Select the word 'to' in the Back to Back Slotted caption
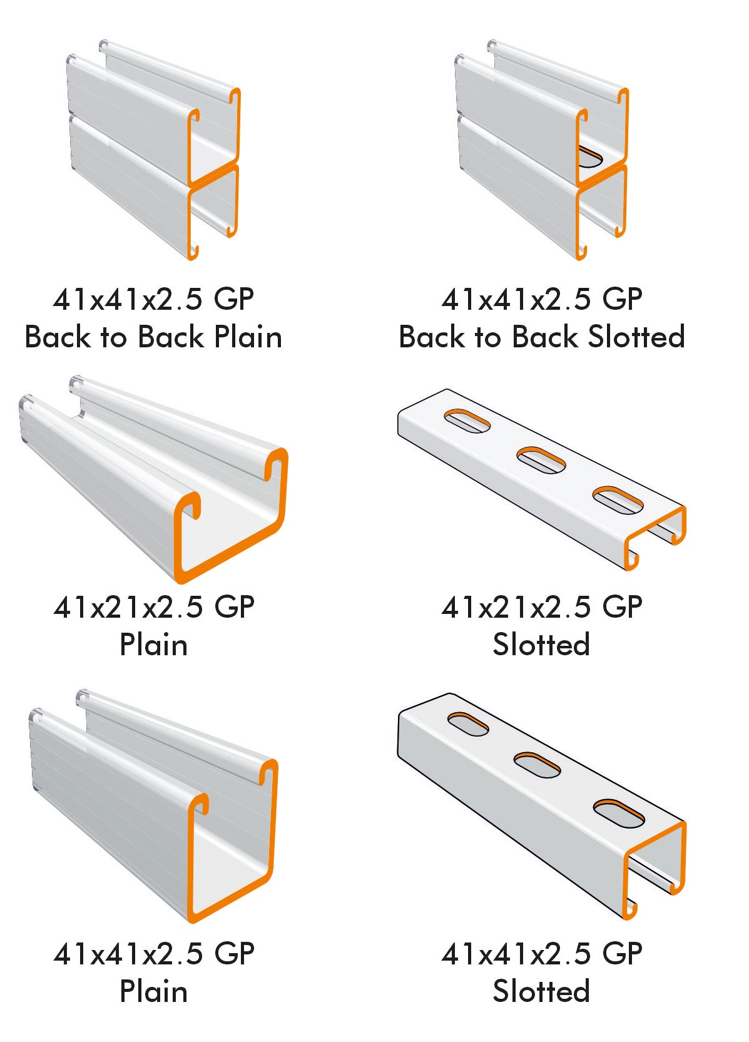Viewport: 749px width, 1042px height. point(487,338)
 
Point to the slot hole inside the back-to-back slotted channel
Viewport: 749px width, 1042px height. point(590,156)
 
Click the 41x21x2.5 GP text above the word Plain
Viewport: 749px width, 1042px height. point(154,608)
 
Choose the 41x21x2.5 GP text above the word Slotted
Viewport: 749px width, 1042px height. point(542,608)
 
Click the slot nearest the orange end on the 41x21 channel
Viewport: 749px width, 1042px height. point(618,501)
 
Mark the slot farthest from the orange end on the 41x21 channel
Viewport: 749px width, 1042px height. point(467,421)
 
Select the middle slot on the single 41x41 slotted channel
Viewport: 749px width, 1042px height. point(538,765)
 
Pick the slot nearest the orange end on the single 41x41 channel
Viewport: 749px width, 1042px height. point(619,813)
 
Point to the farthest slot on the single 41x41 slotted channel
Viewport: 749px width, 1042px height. point(468,725)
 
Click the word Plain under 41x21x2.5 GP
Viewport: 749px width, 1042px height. point(153,645)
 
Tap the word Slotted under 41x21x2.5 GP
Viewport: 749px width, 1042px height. point(541,645)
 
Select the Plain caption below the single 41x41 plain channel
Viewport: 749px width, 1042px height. point(153,991)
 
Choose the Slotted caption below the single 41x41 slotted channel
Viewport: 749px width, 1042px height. point(541,991)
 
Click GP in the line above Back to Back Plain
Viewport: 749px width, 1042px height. point(234,299)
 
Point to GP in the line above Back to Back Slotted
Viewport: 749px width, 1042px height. point(622,299)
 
